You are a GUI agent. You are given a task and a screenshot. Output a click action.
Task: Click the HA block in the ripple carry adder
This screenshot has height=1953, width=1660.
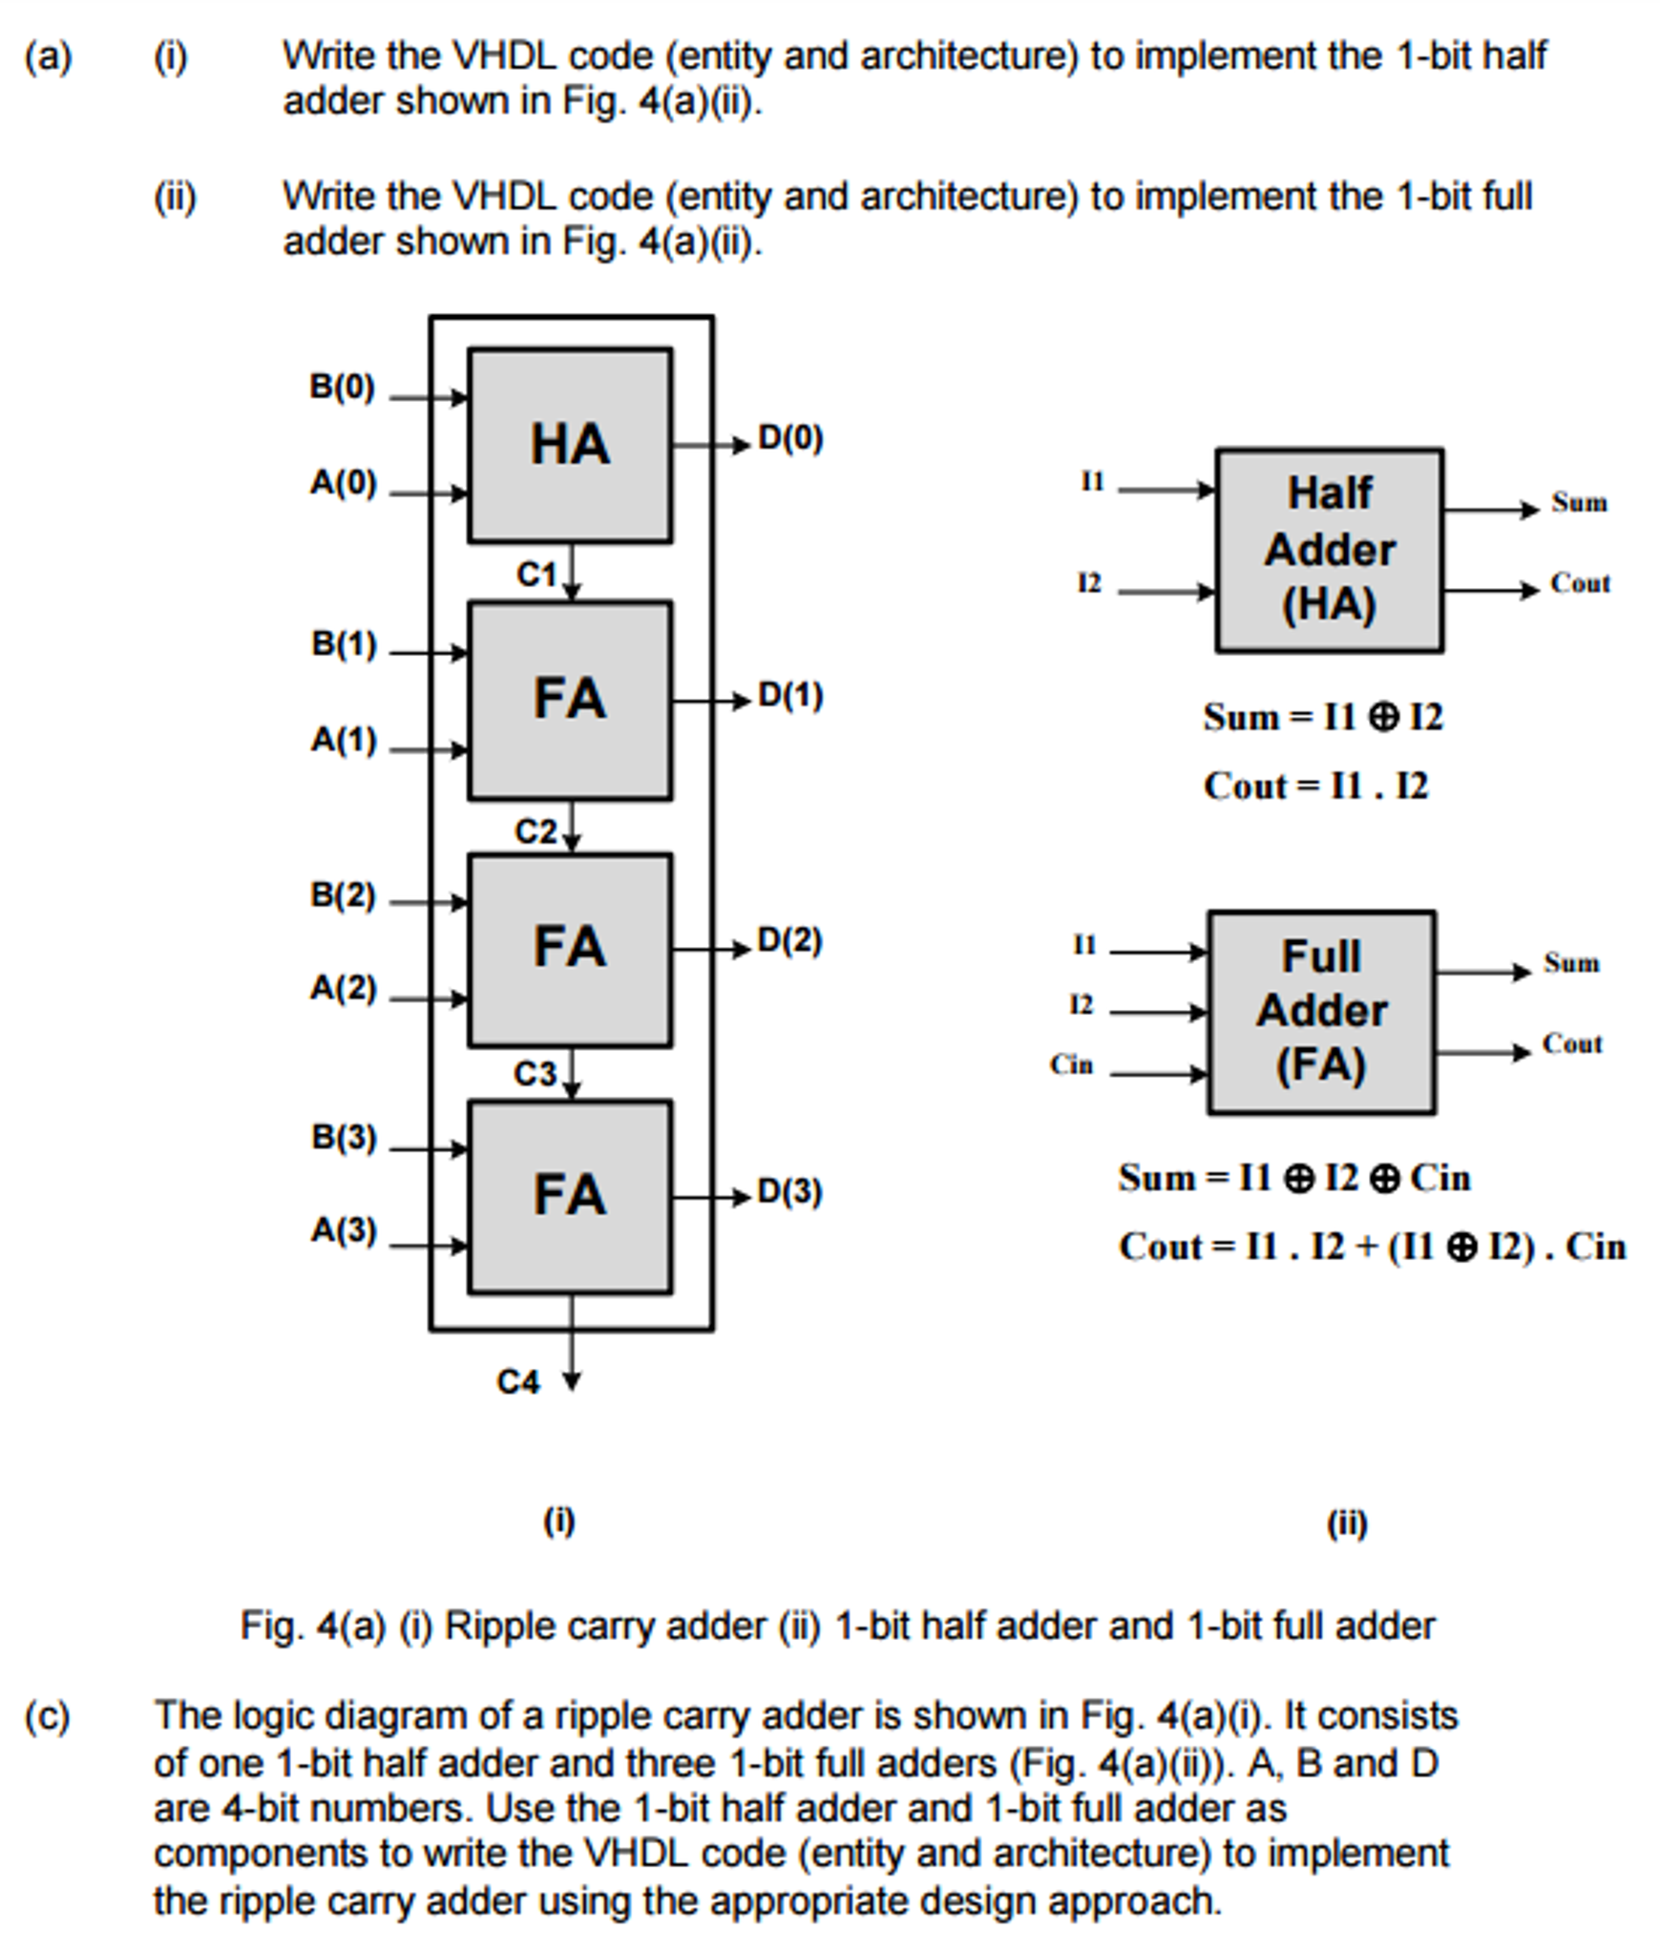click(x=570, y=445)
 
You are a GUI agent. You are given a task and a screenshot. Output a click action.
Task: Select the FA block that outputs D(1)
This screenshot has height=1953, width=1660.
click(x=570, y=700)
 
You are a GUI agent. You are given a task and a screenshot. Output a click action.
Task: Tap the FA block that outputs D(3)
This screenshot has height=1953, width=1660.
click(x=570, y=1196)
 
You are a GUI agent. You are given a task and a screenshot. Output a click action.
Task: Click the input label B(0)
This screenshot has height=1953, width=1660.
click(x=342, y=388)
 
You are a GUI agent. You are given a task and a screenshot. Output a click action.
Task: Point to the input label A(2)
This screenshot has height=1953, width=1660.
click(x=344, y=988)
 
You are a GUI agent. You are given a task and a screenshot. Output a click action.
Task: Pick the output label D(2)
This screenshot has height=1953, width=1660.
click(x=789, y=941)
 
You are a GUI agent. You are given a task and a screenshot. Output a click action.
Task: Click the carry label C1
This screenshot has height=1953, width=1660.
click(x=536, y=575)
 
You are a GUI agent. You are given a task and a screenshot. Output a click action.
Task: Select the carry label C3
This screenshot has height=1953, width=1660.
click(x=535, y=1075)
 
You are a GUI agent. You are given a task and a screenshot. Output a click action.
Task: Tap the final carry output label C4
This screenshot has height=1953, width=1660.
click(x=518, y=1382)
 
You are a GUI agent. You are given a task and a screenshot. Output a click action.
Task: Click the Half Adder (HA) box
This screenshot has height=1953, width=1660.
click(x=1329, y=550)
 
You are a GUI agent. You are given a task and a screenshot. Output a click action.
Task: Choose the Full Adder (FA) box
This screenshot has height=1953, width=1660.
click(x=1321, y=1012)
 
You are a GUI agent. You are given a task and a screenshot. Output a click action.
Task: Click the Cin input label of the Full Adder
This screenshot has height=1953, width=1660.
click(x=1071, y=1065)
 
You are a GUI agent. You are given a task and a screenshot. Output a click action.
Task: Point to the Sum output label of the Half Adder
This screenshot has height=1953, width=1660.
click(x=1579, y=503)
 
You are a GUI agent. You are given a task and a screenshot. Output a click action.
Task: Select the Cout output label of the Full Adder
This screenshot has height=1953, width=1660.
click(x=1572, y=1044)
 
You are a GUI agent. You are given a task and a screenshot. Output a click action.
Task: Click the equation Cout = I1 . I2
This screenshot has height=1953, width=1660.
click(x=1315, y=787)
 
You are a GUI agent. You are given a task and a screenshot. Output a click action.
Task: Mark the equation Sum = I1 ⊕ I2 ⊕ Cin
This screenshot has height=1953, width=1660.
click(x=1293, y=1178)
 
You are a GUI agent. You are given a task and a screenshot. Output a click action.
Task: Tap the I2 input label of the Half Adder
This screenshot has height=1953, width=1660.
click(x=1089, y=583)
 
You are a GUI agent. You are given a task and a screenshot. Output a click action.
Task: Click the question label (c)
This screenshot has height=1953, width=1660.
click(x=48, y=1715)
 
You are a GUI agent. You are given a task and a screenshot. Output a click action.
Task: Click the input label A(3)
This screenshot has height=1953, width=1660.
click(x=344, y=1230)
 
